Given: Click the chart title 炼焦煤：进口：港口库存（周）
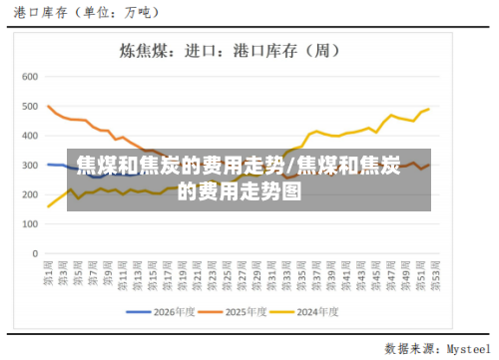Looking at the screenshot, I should [249, 49].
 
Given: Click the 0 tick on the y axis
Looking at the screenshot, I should [34, 253].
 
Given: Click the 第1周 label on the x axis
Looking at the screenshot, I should [48, 271].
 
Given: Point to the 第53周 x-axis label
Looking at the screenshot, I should [429, 271].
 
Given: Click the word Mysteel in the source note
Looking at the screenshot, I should [468, 349].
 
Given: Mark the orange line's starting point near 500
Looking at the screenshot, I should [49, 106].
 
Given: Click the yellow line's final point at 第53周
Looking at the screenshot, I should [429, 109].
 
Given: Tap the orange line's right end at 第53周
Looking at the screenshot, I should [429, 165].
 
